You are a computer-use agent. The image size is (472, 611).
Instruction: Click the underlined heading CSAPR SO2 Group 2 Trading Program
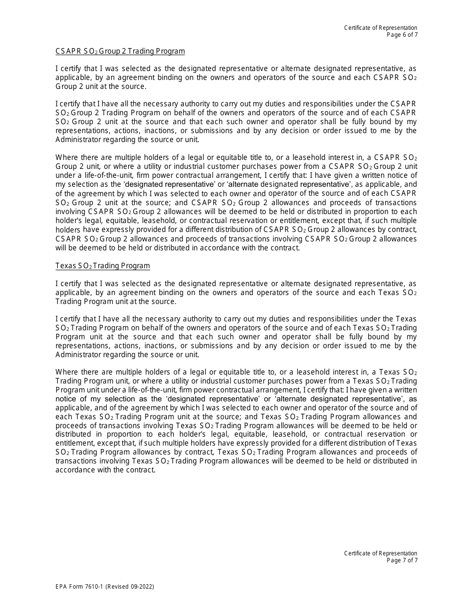pyautogui.click(x=120, y=51)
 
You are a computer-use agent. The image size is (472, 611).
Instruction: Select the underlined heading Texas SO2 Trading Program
pyautogui.click(x=102, y=266)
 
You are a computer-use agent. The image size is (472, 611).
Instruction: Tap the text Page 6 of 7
pyautogui.click(x=402, y=34)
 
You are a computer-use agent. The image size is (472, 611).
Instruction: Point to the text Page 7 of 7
pyautogui.click(x=402, y=560)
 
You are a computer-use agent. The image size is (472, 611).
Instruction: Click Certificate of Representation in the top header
pyautogui.click(x=381, y=28)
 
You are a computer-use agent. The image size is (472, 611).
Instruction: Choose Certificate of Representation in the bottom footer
pyautogui.click(x=381, y=553)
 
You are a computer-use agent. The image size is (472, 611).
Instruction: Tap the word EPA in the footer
pyautogui.click(x=61, y=587)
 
